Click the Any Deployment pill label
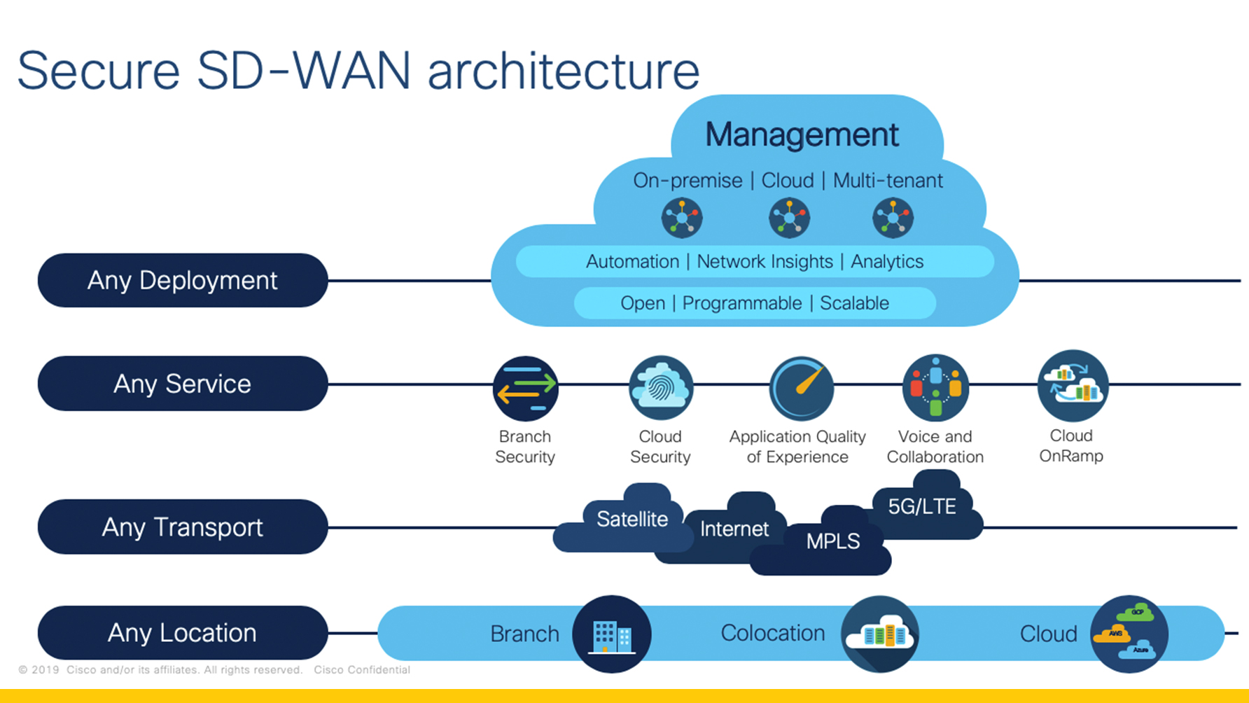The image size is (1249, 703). tap(182, 280)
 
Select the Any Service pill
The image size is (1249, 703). tap(182, 384)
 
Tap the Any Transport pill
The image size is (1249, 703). tap(182, 527)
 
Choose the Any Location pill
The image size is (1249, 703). tap(182, 633)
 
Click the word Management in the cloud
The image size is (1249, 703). tap(802, 134)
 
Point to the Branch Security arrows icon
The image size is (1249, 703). tap(525, 389)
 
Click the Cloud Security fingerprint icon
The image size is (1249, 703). tap(660, 388)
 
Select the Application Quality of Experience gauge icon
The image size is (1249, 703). tap(801, 389)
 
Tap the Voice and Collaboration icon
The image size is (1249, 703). tap(935, 387)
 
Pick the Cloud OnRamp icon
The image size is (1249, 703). tap(1072, 386)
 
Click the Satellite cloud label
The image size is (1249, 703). tap(632, 519)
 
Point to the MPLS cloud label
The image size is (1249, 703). tap(832, 541)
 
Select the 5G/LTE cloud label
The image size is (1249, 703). tap(921, 506)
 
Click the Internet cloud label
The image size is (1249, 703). tap(734, 529)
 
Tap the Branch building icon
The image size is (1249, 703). tap(611, 634)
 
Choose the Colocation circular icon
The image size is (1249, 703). tap(880, 634)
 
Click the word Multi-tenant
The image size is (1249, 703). tap(888, 181)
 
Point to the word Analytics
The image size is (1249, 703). tap(887, 262)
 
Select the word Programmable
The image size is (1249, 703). tap(742, 303)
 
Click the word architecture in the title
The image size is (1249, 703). tap(564, 71)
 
